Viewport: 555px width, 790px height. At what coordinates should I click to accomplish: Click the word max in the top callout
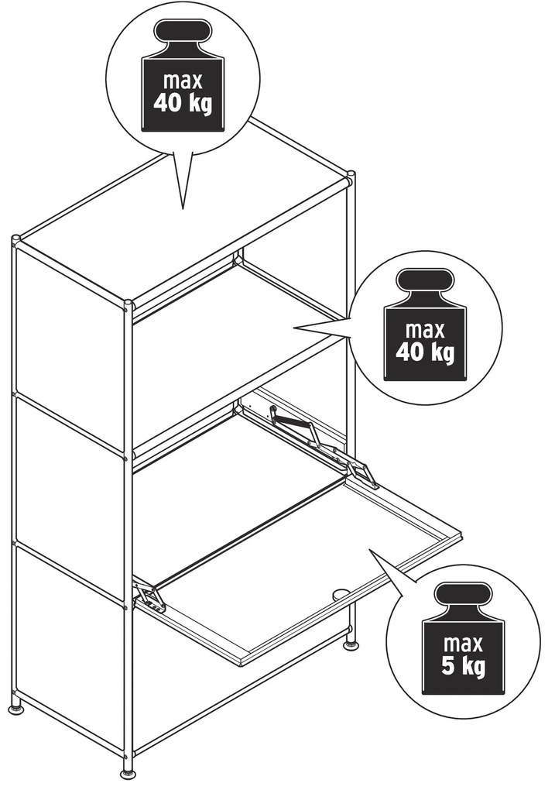[183, 81]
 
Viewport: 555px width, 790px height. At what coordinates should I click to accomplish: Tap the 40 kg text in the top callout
[183, 103]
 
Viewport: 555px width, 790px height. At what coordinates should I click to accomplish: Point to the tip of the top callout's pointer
[183, 208]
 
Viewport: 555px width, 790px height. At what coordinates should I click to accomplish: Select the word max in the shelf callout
[425, 330]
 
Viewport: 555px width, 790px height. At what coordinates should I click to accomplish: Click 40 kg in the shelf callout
[425, 352]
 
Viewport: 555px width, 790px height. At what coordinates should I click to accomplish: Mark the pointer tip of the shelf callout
[295, 328]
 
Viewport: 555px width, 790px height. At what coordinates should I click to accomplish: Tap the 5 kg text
[464, 667]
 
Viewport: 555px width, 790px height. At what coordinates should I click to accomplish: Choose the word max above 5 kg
[464, 644]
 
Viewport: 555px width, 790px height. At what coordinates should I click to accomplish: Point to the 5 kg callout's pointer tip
[371, 550]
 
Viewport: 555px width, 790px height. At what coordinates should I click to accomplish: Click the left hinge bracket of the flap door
[149, 596]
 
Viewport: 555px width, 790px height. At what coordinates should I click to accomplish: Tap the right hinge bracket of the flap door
[362, 472]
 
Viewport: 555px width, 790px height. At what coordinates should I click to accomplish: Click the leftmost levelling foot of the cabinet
[16, 709]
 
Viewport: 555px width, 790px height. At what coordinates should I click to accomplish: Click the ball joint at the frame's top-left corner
[15, 239]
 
